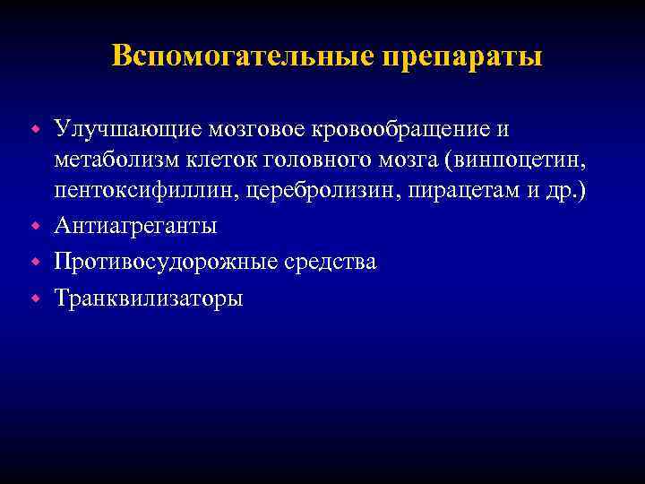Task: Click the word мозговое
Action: pyautogui.click(x=258, y=129)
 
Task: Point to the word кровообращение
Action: pyautogui.click(x=402, y=129)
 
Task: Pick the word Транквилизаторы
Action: pyautogui.click(x=148, y=297)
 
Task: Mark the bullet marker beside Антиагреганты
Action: pyautogui.click(x=37, y=227)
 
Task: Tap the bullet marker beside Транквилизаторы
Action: pyautogui.click(x=37, y=297)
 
